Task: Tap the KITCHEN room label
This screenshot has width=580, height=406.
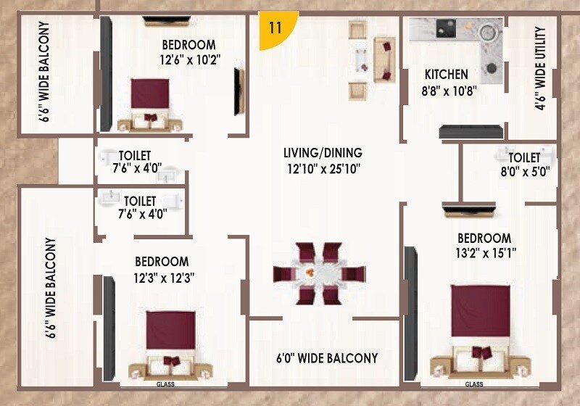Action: [x=446, y=74]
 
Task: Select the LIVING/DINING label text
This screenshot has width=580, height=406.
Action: [x=323, y=153]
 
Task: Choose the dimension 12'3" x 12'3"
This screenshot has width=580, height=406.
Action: [x=164, y=277]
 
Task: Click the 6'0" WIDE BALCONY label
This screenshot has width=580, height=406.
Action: [x=327, y=358]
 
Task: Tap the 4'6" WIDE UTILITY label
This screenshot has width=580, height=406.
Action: [x=540, y=70]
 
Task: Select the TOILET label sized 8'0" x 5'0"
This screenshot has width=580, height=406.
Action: [x=523, y=157]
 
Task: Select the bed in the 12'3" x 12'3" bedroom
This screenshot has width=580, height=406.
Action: [x=171, y=341]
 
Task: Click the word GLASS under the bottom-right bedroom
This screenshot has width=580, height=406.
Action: [x=473, y=384]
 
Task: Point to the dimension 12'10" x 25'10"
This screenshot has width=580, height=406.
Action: [x=323, y=169]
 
